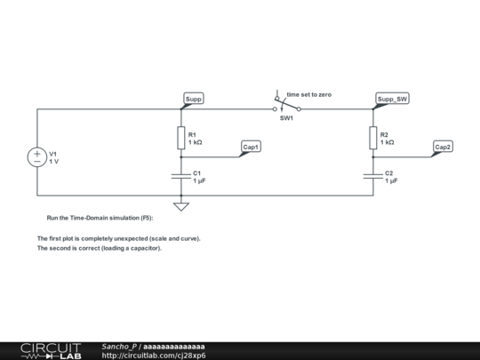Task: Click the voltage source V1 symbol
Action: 37,157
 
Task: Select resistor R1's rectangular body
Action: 181,138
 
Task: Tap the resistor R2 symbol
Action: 373,138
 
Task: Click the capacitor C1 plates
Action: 181,176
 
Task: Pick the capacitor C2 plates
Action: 373,176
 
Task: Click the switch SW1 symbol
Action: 286,105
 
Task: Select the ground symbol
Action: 181,206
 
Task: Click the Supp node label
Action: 194,99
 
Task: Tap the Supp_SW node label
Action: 392,99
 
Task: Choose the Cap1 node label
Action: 252,147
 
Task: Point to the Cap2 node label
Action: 443,147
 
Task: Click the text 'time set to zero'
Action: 308,93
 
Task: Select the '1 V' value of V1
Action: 54,162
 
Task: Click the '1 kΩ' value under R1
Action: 196,142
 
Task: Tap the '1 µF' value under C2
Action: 391,180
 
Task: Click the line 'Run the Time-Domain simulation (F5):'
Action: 100,218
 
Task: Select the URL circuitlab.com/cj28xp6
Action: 160,356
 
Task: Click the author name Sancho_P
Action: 119,346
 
